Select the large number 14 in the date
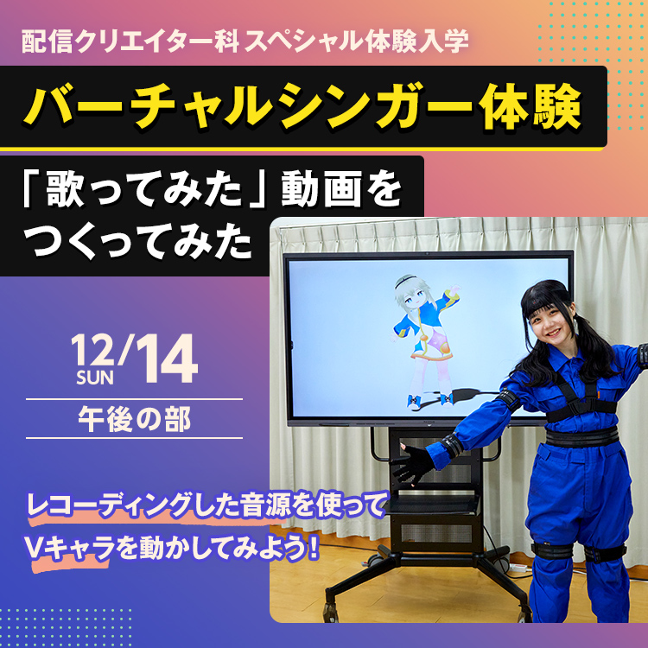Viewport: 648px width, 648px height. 166,361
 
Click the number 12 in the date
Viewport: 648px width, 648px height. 93,351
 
